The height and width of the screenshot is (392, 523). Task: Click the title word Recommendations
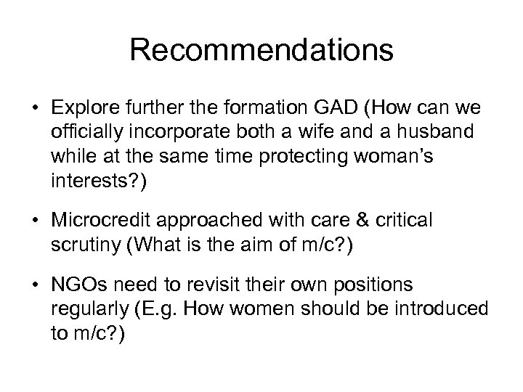pyautogui.click(x=261, y=51)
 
